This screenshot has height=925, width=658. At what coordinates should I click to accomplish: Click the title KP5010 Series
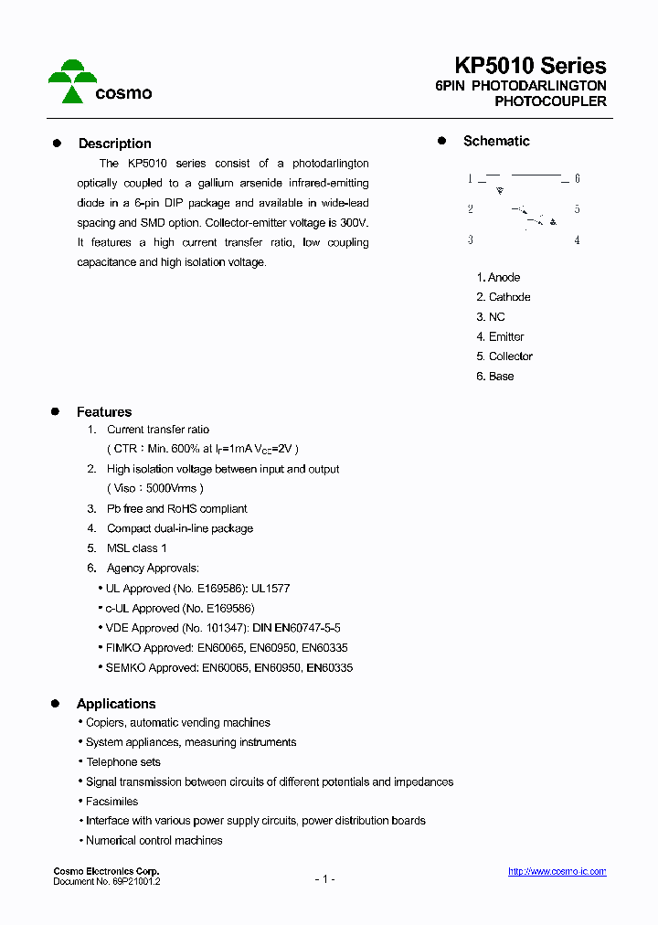click(x=530, y=66)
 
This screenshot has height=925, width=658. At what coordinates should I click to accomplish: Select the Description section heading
click(x=114, y=144)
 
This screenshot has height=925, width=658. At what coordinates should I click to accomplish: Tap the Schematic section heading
click(x=496, y=141)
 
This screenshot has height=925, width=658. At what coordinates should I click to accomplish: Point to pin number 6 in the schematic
click(x=577, y=179)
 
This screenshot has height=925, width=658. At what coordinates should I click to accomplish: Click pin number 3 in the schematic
click(x=470, y=240)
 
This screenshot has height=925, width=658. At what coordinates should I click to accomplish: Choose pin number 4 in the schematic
click(x=577, y=240)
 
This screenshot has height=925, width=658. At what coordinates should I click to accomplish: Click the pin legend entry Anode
click(x=504, y=277)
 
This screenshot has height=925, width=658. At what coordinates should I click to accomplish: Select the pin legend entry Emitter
click(x=506, y=336)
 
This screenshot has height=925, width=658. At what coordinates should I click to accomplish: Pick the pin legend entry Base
click(x=501, y=376)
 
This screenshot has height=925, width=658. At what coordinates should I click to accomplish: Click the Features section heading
click(x=104, y=412)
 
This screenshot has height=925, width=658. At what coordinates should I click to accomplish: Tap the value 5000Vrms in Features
click(x=171, y=488)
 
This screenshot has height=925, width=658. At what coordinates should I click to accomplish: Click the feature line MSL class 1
click(x=136, y=548)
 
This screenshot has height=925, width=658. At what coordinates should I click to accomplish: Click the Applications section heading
click(x=116, y=704)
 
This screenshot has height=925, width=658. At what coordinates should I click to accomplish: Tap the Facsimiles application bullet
click(x=111, y=801)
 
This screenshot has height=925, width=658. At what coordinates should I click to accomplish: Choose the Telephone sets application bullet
click(x=123, y=761)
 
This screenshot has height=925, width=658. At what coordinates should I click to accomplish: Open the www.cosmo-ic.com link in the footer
click(x=557, y=872)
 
